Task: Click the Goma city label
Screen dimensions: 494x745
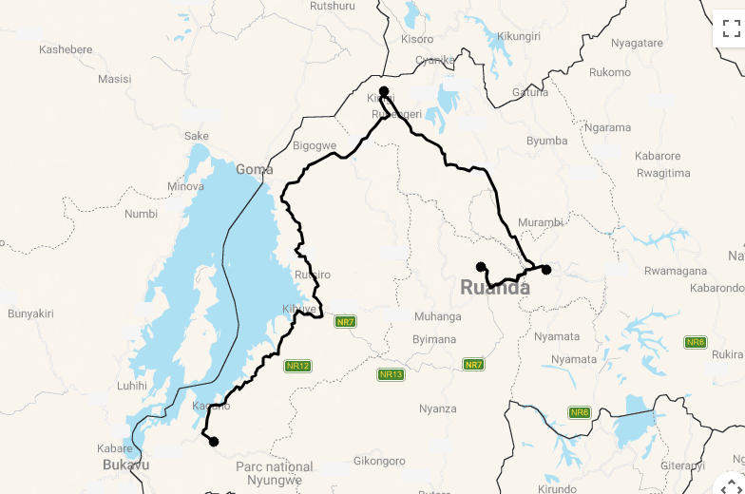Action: click(x=254, y=169)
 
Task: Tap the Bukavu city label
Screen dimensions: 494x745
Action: click(x=125, y=465)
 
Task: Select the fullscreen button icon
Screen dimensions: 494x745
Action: click(x=731, y=28)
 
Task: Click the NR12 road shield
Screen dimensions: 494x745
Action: click(x=297, y=366)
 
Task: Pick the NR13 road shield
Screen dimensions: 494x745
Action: click(x=391, y=374)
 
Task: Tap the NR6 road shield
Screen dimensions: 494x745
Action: click(x=696, y=342)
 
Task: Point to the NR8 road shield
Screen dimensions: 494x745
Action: click(x=580, y=412)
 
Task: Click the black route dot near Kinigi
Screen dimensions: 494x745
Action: click(x=384, y=92)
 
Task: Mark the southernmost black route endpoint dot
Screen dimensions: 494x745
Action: click(x=213, y=441)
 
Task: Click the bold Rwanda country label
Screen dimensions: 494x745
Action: click(x=495, y=287)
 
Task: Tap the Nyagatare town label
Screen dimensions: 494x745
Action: click(x=637, y=43)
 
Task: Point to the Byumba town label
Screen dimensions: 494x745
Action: click(x=546, y=141)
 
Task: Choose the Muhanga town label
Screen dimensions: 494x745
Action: click(x=437, y=316)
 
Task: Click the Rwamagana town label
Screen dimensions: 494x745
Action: click(x=676, y=271)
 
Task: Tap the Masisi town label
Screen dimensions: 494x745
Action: click(x=114, y=79)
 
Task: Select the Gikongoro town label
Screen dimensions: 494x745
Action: click(x=379, y=460)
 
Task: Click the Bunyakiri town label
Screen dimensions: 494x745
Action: click(x=30, y=313)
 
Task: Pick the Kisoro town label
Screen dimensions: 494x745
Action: click(x=416, y=39)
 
